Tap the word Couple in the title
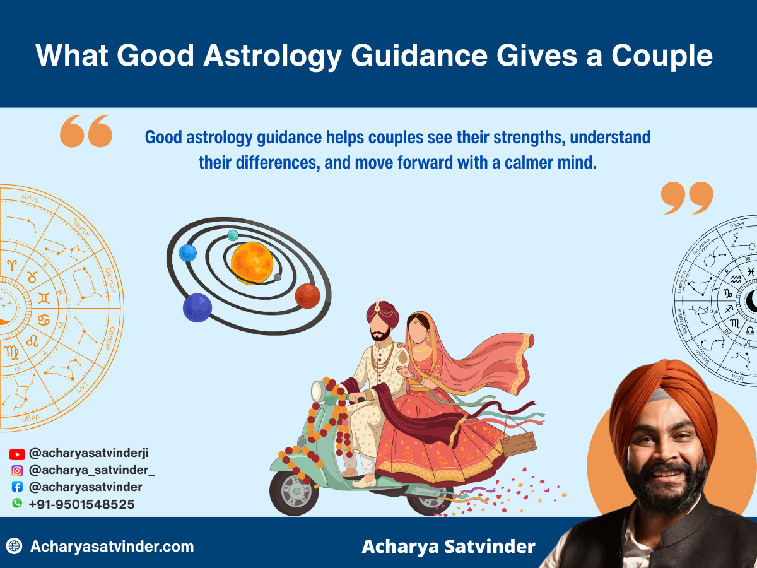point(662,55)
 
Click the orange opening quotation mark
point(86,131)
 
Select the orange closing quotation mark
point(687,198)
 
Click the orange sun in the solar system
point(252,263)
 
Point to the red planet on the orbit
point(308,295)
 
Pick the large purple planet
point(197,307)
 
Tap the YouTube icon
point(17,454)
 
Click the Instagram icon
point(17,470)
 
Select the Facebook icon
point(17,487)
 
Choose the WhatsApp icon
point(17,504)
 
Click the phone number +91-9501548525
point(81,504)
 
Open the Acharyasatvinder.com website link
point(112,547)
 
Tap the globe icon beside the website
point(14,547)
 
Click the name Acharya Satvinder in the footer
point(448,547)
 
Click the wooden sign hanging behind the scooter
point(518,444)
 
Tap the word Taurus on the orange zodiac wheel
point(80,228)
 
